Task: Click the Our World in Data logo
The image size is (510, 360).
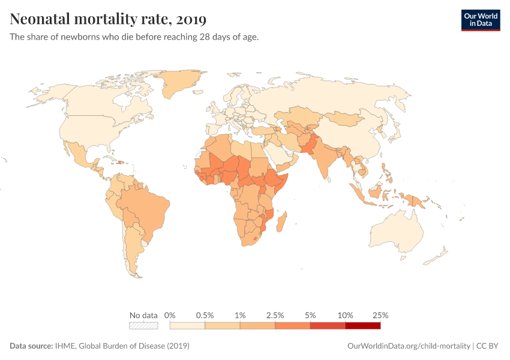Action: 480,20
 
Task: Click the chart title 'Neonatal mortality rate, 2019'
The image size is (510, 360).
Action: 108,19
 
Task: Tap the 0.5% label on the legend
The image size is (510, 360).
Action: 205,315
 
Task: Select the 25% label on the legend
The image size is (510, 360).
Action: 380,315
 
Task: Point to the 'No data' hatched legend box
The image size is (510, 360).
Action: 143,326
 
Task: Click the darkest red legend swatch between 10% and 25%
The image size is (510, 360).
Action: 362,326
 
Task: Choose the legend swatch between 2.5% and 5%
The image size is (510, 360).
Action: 292,326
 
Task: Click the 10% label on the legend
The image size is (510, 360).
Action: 345,315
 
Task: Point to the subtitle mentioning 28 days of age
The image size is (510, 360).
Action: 134,37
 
